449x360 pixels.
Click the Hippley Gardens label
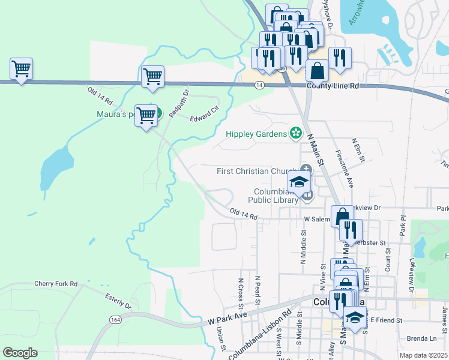tap(256, 134)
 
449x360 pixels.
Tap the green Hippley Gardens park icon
tap(295, 133)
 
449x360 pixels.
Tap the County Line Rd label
tap(333, 86)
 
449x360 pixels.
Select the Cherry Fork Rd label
tap(56, 284)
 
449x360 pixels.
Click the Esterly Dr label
tap(118, 301)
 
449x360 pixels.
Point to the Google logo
tap(20, 353)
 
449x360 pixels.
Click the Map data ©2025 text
tap(424, 355)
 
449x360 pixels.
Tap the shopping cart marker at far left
tap(21, 70)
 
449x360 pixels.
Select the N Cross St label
tap(241, 289)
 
